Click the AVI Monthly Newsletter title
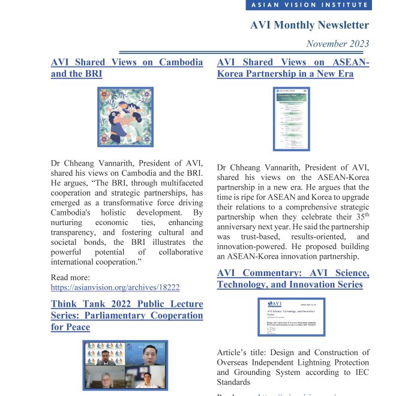click(310, 25)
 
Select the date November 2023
click(338, 44)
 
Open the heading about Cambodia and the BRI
click(127, 68)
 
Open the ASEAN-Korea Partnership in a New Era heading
click(293, 68)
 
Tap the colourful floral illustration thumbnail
click(125, 117)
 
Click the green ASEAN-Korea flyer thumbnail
click(292, 118)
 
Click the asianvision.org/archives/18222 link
click(115, 287)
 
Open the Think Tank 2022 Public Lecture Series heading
click(127, 315)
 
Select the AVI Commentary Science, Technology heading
click(293, 278)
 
